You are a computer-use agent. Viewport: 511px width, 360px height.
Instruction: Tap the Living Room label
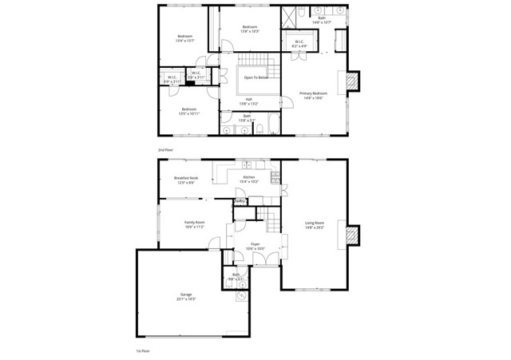[x=315, y=223]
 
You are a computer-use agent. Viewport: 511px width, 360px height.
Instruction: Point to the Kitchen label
[x=248, y=177]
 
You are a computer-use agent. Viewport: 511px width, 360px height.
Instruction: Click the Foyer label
[x=255, y=243]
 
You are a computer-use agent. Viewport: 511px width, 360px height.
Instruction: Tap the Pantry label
[x=240, y=201]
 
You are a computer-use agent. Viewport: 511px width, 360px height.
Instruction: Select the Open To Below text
[x=256, y=77]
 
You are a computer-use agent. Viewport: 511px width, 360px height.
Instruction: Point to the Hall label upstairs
[x=249, y=99]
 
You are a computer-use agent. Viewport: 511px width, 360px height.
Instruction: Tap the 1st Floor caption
[x=142, y=350]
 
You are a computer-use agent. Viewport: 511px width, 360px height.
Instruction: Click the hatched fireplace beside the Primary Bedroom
[x=351, y=81]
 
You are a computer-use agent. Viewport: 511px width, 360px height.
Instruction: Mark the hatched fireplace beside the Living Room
[x=351, y=235]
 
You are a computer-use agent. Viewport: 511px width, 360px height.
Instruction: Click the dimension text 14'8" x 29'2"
[x=315, y=227]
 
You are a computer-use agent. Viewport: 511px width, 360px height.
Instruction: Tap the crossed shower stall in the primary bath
[x=288, y=18]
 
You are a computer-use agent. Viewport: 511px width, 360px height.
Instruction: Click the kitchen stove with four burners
[x=275, y=175]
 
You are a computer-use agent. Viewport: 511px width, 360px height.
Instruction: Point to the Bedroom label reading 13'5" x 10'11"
[x=189, y=113]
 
